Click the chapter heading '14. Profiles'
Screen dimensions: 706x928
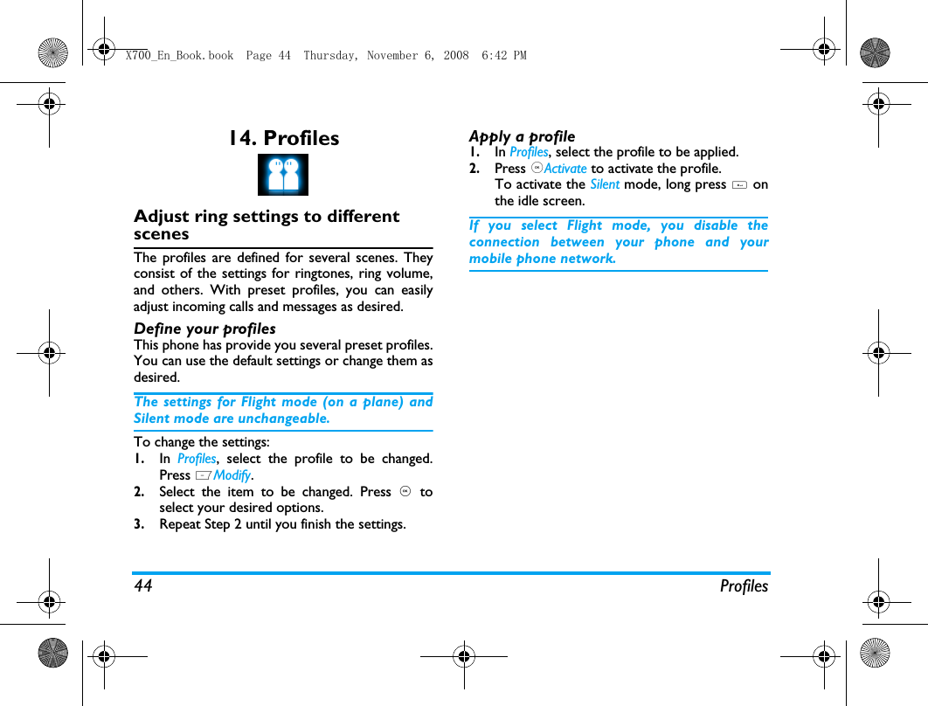click(283, 138)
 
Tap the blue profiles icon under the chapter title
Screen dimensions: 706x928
click(283, 175)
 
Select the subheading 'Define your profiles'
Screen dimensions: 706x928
click(204, 329)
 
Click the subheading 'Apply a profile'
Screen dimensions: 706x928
click(522, 136)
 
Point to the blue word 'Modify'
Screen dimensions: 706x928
click(232, 475)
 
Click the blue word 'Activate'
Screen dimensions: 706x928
click(565, 169)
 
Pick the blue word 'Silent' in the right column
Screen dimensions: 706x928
click(605, 184)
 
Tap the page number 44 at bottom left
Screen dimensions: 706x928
click(143, 586)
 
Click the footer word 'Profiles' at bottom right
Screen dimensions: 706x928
click(744, 586)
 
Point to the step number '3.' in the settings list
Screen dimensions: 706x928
click(140, 524)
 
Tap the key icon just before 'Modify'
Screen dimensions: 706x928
click(203, 475)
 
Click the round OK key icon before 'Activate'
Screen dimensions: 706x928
click(537, 169)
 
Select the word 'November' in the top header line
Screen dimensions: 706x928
click(393, 56)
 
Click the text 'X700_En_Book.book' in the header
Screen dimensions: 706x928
click(179, 56)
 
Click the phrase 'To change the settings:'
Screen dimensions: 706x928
click(202, 442)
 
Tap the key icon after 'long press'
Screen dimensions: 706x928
click(739, 184)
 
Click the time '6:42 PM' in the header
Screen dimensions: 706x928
click(504, 56)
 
